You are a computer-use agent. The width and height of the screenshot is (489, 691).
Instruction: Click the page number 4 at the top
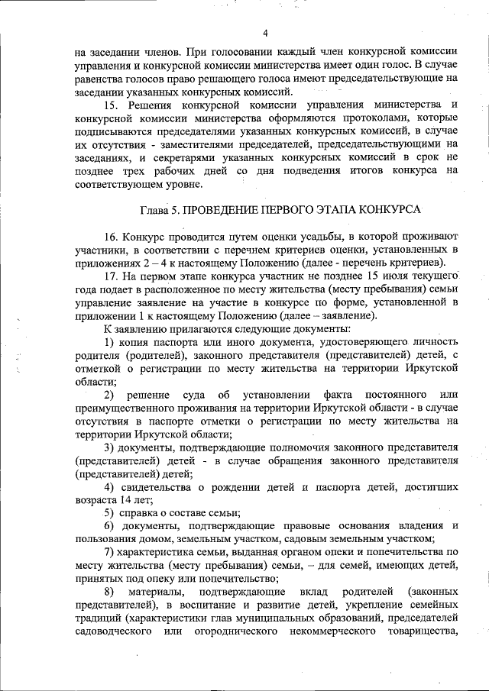265,33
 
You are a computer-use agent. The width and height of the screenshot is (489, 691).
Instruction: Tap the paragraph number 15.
112,103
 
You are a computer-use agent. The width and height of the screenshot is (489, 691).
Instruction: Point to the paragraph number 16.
112,237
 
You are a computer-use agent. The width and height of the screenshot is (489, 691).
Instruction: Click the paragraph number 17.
112,278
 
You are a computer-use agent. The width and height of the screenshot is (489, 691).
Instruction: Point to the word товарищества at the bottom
419,633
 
